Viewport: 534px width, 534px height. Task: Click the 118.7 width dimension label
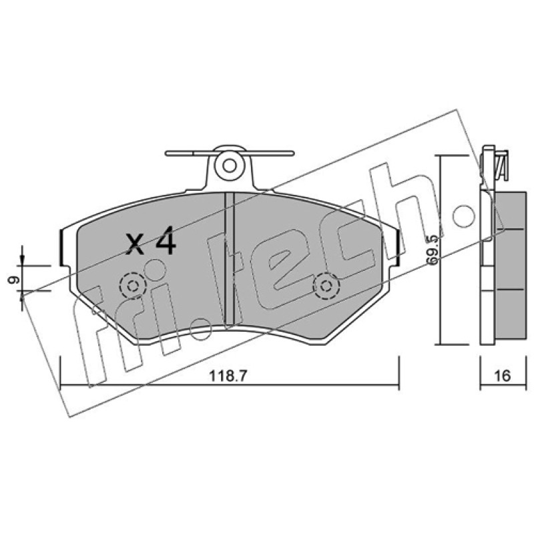[x=228, y=376]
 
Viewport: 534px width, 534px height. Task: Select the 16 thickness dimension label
[x=503, y=376]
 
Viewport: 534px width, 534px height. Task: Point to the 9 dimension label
[x=13, y=280]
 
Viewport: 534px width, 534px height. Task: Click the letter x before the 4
[x=135, y=245]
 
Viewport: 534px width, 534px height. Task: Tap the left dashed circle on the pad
[x=132, y=286]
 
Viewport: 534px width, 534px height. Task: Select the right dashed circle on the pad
[x=326, y=286]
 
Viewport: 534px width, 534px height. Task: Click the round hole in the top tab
[x=230, y=166]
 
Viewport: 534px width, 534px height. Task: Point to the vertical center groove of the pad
[x=230, y=259]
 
